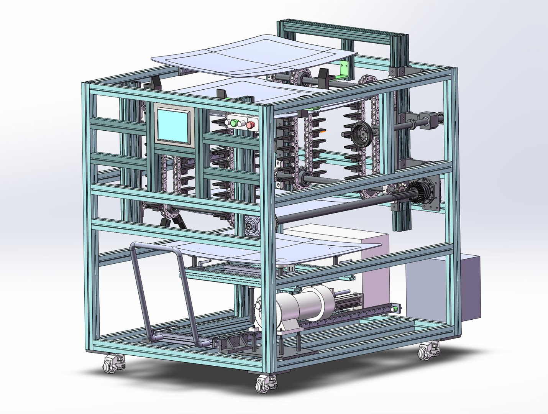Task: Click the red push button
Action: point(251,124)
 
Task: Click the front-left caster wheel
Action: point(112,363)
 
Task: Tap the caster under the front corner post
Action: point(264,383)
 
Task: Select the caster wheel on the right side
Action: point(427,350)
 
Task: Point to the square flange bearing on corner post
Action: point(251,225)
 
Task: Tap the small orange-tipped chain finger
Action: point(324,131)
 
